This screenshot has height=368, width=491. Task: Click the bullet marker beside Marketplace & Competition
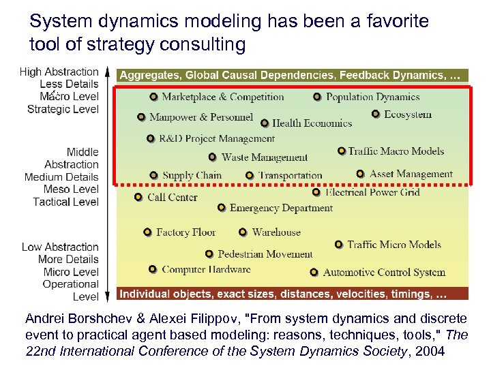[153, 97]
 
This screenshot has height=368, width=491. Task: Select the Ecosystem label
[408, 114]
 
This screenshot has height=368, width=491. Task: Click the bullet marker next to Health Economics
[265, 123]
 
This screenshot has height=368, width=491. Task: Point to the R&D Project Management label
[217, 139]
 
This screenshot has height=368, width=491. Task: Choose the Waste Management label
[265, 157]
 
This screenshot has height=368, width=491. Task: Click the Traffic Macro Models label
[396, 151]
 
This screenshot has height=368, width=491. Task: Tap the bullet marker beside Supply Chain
[154, 175]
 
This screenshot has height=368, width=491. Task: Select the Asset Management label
[411, 174]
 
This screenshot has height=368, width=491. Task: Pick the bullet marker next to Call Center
[138, 198]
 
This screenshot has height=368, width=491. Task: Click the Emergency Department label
[281, 208]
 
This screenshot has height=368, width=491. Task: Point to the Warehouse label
[276, 232]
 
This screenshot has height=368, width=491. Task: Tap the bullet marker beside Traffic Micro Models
[339, 244]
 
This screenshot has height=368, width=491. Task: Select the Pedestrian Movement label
[265, 254]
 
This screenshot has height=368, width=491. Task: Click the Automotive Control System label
[384, 273]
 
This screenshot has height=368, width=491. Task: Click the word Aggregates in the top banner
[151, 75]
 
